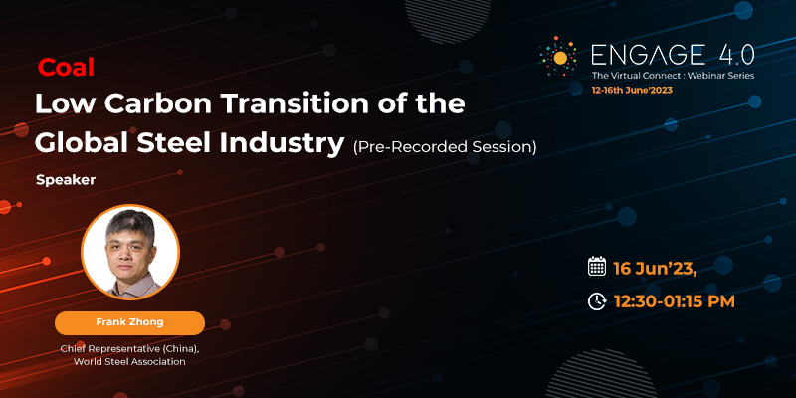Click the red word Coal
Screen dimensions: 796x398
[x=66, y=67]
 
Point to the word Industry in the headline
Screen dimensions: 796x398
[x=283, y=145]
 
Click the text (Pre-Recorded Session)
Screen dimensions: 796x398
[x=445, y=147]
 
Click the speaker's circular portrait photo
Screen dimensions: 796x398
[x=130, y=252]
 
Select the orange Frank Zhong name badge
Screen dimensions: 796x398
[x=130, y=322]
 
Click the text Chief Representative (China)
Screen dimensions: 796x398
[x=130, y=349]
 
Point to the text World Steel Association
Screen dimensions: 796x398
[x=130, y=362]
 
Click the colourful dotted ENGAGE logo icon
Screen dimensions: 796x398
[x=558, y=57]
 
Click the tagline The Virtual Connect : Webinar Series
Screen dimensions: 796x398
[x=673, y=76]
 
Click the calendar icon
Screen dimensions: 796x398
[x=597, y=266]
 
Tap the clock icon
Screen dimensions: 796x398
[x=597, y=301]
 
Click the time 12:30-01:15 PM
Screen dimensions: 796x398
[x=675, y=301]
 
